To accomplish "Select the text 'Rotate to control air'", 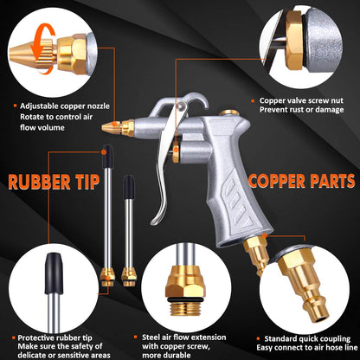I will pos(57,119).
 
